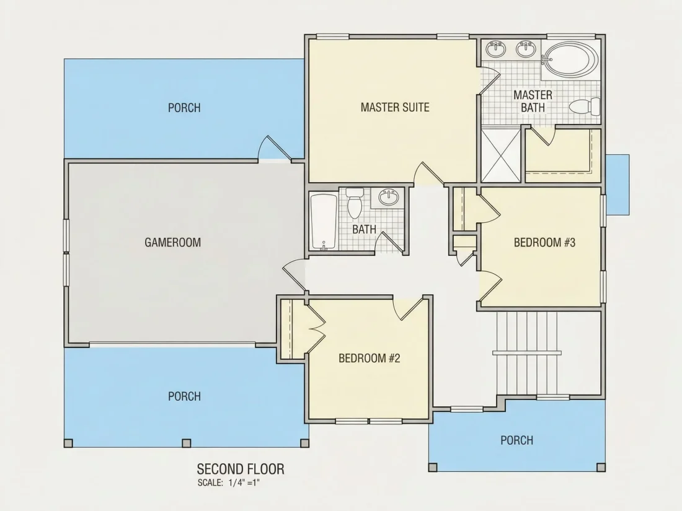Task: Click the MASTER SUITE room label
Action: pos(395,107)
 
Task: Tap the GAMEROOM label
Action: pos(173,242)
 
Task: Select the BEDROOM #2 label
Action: pos(370,358)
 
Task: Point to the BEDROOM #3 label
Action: pos(544,242)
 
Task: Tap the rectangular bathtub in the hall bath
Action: pos(324,222)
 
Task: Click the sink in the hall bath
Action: pos(389,198)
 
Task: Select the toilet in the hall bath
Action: pos(355,203)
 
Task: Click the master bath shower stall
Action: pos(501,154)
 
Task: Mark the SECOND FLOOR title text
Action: pos(241,470)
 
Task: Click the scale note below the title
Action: pos(228,483)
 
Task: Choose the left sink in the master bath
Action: pos(496,49)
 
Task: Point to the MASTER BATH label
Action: pos(533,101)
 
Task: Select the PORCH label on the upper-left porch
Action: pos(184,107)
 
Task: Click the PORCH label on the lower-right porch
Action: pos(516,440)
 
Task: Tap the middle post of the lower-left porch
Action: pos(186,443)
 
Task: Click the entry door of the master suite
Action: pos(428,174)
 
